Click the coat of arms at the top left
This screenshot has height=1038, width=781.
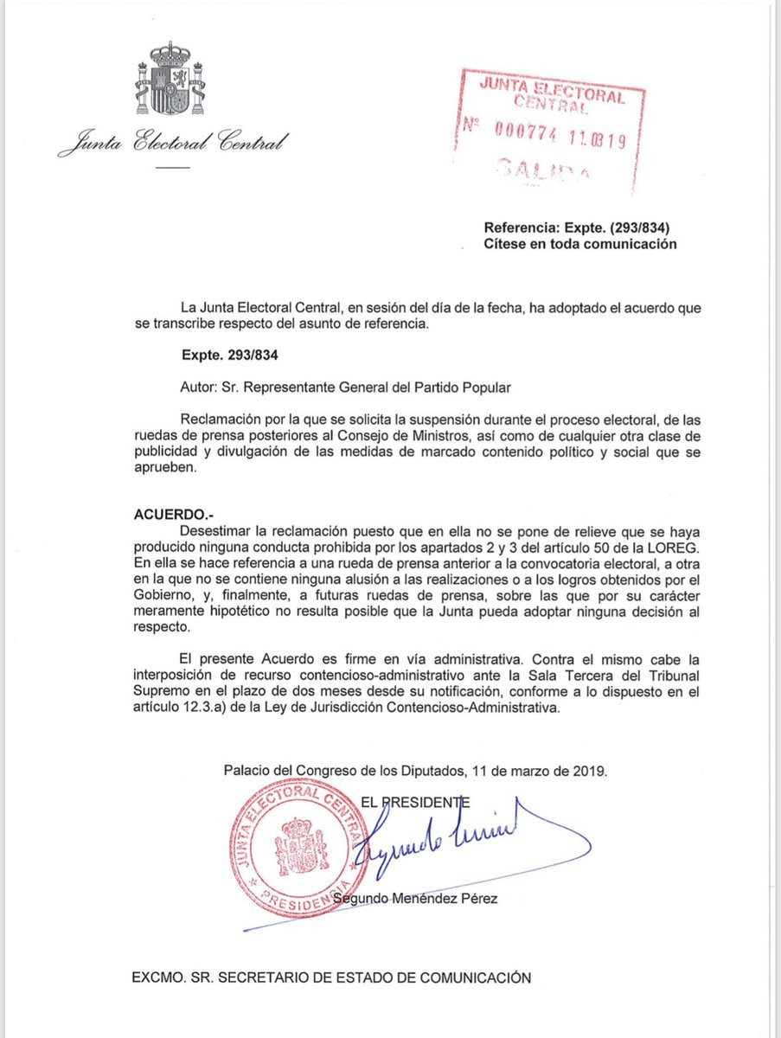coord(170,80)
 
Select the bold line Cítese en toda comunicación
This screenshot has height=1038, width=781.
coord(579,244)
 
